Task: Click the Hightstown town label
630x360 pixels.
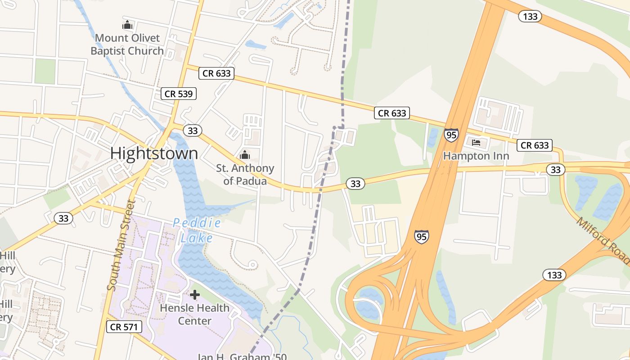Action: click(154, 153)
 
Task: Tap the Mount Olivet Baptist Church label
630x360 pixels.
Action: click(127, 45)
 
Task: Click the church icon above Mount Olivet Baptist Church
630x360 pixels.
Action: click(127, 25)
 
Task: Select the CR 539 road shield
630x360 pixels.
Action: click(179, 94)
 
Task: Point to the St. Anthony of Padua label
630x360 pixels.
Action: click(245, 175)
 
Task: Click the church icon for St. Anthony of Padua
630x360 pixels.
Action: click(245, 155)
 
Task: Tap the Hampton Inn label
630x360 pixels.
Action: click(476, 156)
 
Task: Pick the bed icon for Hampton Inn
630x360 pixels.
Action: click(476, 143)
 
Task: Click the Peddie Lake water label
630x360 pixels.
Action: click(197, 230)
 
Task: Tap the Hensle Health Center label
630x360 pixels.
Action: click(195, 315)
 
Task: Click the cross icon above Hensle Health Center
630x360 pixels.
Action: click(195, 295)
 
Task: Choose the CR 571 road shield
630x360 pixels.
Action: click(124, 327)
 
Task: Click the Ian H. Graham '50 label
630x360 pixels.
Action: click(242, 356)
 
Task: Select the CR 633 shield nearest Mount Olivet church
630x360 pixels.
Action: click(216, 73)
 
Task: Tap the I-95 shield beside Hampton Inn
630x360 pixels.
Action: click(451, 135)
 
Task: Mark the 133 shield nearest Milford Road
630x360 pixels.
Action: click(554, 274)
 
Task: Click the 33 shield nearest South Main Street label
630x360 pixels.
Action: click(63, 218)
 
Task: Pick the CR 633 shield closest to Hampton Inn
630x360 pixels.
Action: click(535, 145)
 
